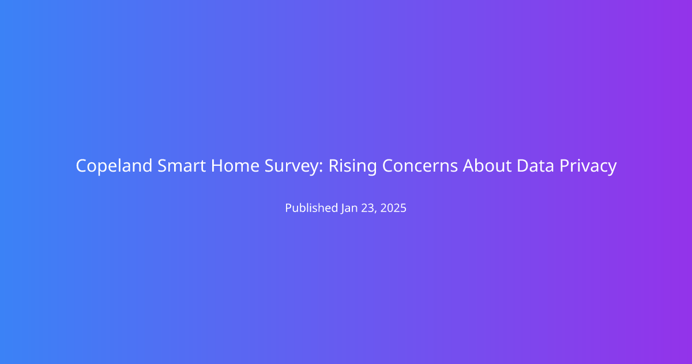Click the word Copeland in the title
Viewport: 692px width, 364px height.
click(x=114, y=166)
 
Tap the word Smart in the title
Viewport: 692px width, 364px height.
click(x=182, y=166)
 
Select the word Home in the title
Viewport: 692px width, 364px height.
click(x=235, y=166)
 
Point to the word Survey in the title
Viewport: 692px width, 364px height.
click(x=291, y=166)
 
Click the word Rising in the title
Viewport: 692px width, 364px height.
click(x=352, y=166)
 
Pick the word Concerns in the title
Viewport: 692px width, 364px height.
click(x=420, y=166)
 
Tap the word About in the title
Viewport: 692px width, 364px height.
click(x=487, y=166)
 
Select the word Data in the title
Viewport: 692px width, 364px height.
click(x=535, y=166)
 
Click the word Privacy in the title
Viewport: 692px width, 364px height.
click(x=588, y=166)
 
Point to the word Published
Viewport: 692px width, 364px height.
click(x=311, y=207)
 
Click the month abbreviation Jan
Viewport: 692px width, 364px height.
click(x=349, y=208)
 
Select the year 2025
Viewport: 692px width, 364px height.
click(x=393, y=208)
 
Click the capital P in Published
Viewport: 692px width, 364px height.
click(x=288, y=208)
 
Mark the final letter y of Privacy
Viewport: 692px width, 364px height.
click(x=612, y=169)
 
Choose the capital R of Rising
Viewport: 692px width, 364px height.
click(x=334, y=166)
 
